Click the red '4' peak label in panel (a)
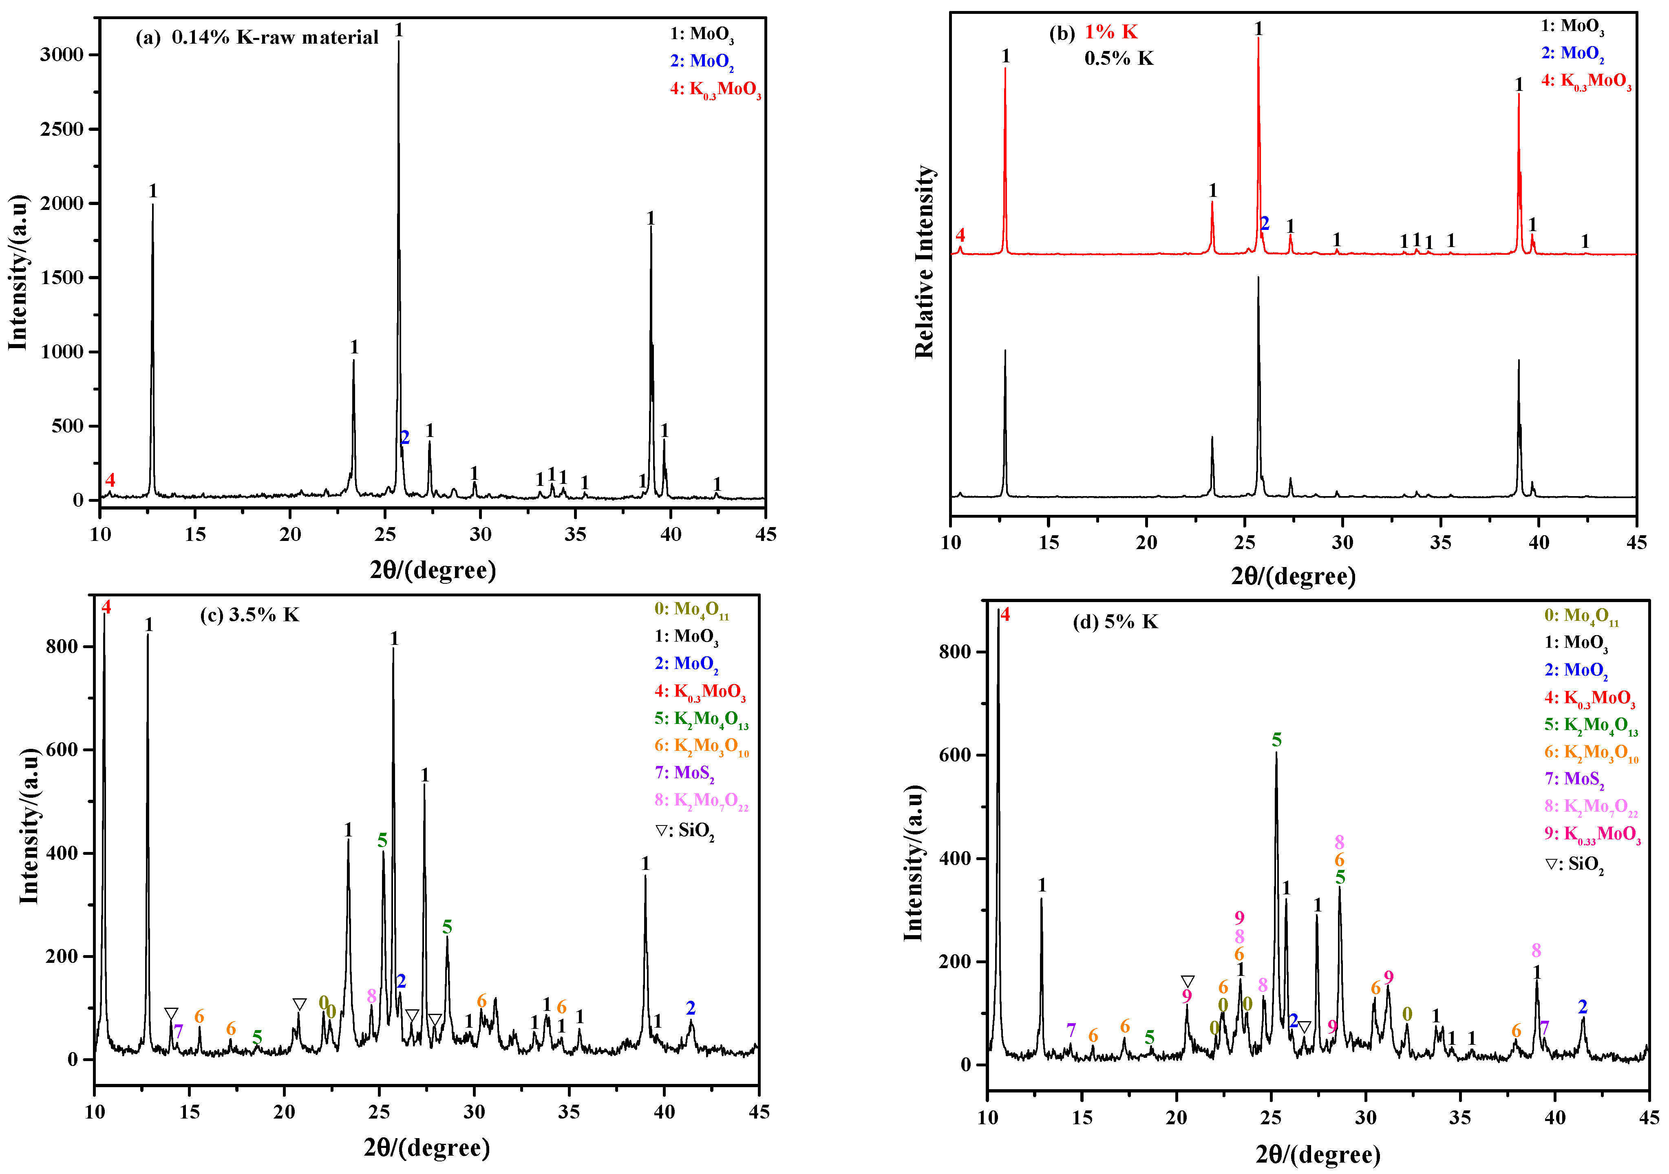[110, 480]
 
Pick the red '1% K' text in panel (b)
[1111, 32]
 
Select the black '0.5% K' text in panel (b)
[1119, 59]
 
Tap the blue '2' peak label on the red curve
[1265, 224]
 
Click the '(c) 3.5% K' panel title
[249, 615]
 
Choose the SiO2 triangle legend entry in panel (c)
[685, 831]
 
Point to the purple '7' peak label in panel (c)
[178, 1031]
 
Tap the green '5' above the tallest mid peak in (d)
[1276, 740]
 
